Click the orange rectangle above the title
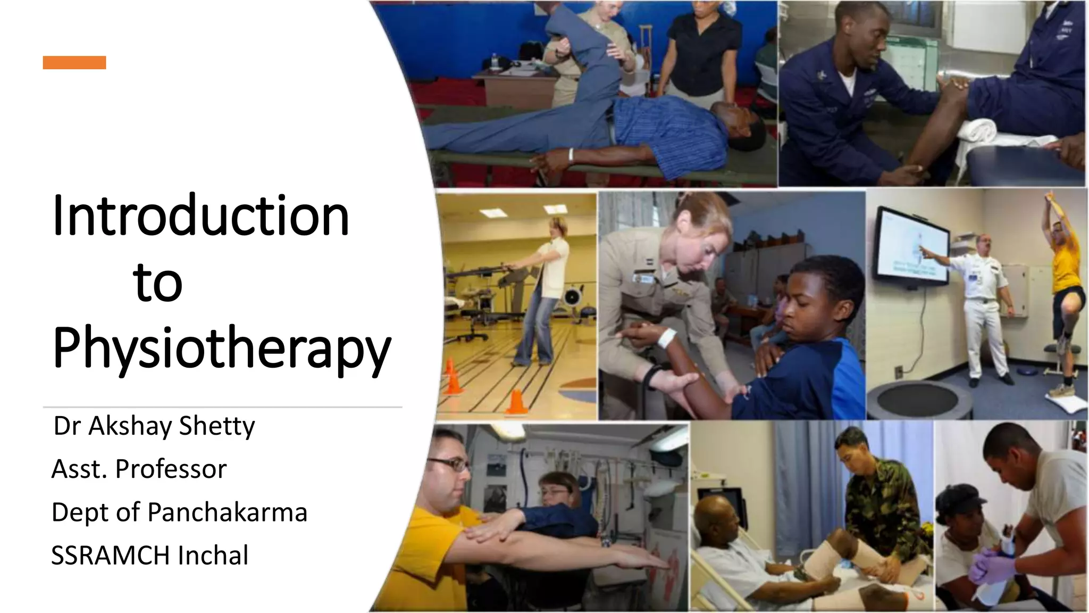pos(74,63)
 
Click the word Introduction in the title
pos(201,216)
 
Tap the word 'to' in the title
pos(157,282)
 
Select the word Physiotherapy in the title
pos(222,349)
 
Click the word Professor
pos(171,469)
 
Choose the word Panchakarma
pos(227,512)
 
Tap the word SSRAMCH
pos(111,556)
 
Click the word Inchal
pos(213,556)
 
